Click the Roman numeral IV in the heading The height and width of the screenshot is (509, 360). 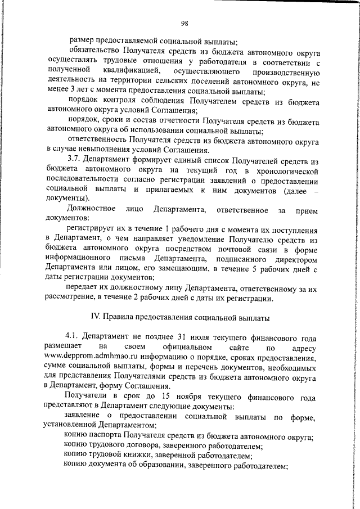coord(96,317)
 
